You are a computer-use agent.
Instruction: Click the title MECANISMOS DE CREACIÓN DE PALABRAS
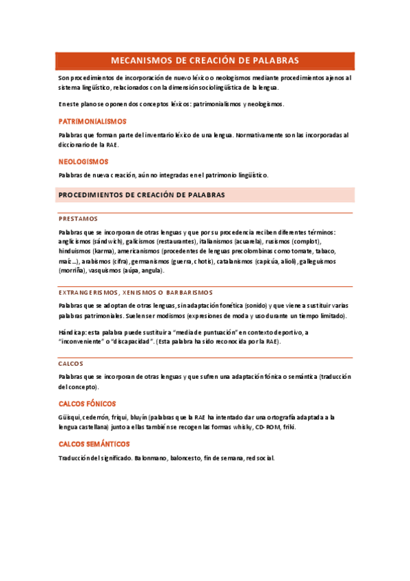coord(205,60)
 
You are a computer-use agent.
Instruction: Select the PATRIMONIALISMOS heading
coord(88,121)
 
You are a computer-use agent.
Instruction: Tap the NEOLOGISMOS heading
coord(84,162)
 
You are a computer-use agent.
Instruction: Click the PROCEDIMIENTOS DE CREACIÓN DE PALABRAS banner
coord(142,195)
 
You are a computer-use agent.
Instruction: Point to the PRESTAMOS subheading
coord(78,219)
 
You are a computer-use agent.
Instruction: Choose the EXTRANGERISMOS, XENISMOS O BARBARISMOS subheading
coord(136,292)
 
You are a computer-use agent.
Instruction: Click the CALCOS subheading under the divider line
coord(71,364)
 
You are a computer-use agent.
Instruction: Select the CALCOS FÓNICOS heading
coord(87,404)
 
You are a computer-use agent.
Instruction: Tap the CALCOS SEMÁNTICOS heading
coord(94,445)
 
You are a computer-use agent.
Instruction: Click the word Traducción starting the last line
coord(76,458)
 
